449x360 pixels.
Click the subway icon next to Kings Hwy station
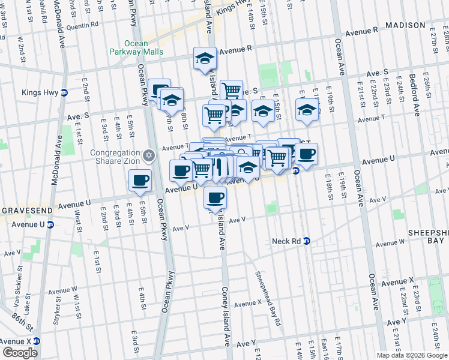point(64,92)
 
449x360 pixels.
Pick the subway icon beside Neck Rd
point(307,241)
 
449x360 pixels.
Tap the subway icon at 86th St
point(35,340)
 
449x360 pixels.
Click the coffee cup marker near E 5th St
point(140,181)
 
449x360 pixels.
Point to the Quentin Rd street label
point(82,25)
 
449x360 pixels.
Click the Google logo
point(20,353)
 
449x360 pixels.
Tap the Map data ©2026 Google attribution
point(412,355)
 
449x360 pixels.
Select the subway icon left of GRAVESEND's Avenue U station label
point(50,225)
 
